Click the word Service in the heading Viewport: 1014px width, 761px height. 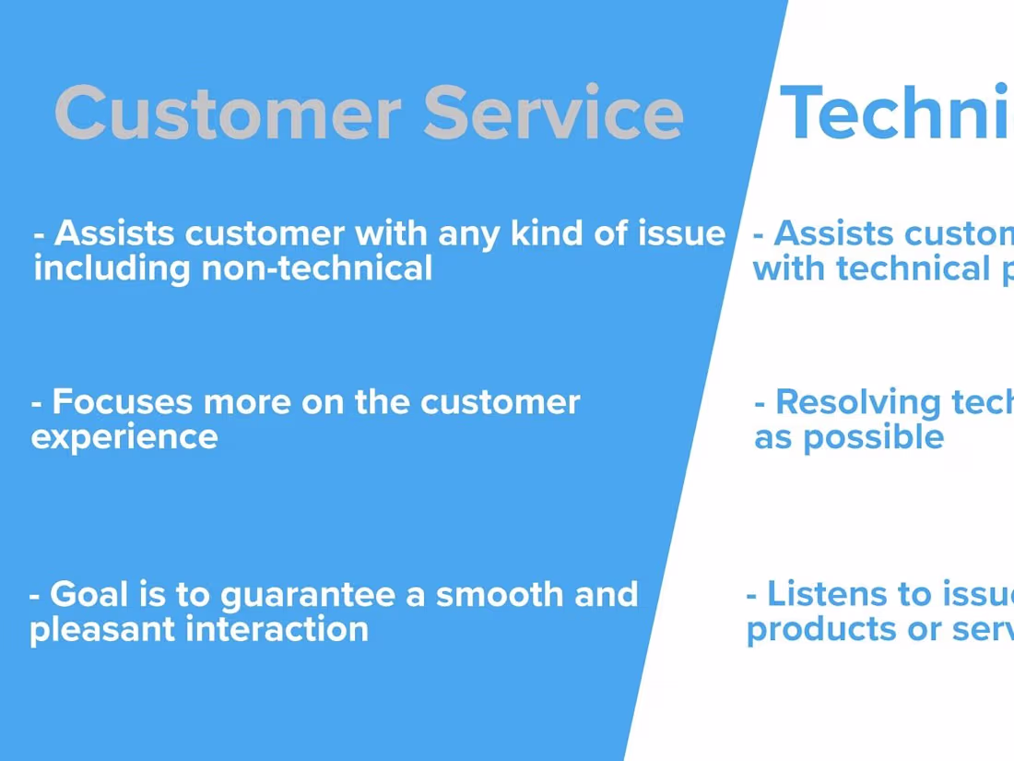[x=553, y=113]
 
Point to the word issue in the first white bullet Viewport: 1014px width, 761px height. [x=682, y=233]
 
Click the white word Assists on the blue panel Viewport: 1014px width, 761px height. [x=111, y=233]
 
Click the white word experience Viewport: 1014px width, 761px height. [x=124, y=437]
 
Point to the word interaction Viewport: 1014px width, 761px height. [x=277, y=629]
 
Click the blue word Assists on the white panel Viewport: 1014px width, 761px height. [x=830, y=233]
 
